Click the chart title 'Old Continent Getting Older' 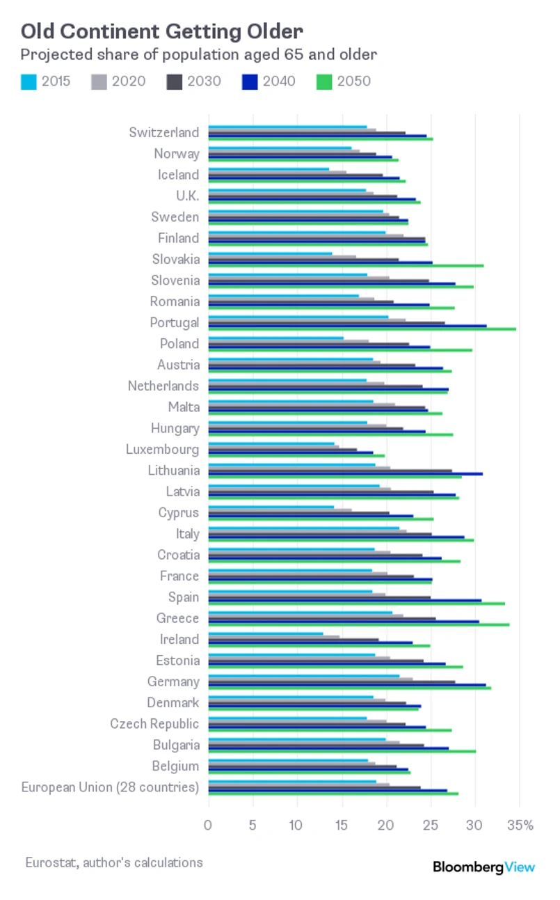[x=161, y=31]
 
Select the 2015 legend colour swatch [x=28, y=81]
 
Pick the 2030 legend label [x=204, y=81]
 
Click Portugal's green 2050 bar [x=362, y=329]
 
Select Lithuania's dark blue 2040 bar [x=345, y=473]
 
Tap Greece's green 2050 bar [x=359, y=624]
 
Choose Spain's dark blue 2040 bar [x=344, y=600]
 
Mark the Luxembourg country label [x=162, y=450]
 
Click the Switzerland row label [x=163, y=132]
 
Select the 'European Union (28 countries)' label [x=110, y=787]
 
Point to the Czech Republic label [x=154, y=724]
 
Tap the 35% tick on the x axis [x=520, y=826]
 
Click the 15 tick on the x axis [x=342, y=826]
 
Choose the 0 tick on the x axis [x=208, y=826]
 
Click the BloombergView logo [x=484, y=867]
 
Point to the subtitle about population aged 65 [x=198, y=54]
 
